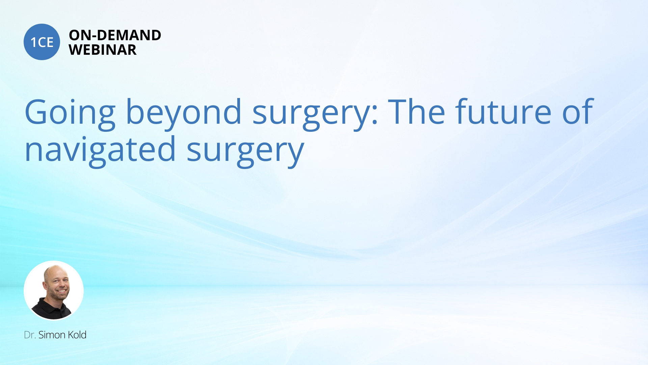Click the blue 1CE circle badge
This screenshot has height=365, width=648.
(42, 42)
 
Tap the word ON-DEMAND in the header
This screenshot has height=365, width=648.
(115, 35)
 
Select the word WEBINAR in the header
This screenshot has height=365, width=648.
(103, 50)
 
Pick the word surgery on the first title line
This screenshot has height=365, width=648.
(311, 114)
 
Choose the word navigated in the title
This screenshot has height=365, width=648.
(100, 151)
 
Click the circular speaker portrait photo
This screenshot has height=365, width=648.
(54, 290)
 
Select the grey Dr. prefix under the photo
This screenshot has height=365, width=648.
(30, 335)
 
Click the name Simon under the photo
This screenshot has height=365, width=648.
(52, 335)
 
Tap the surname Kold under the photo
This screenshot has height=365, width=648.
(77, 335)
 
